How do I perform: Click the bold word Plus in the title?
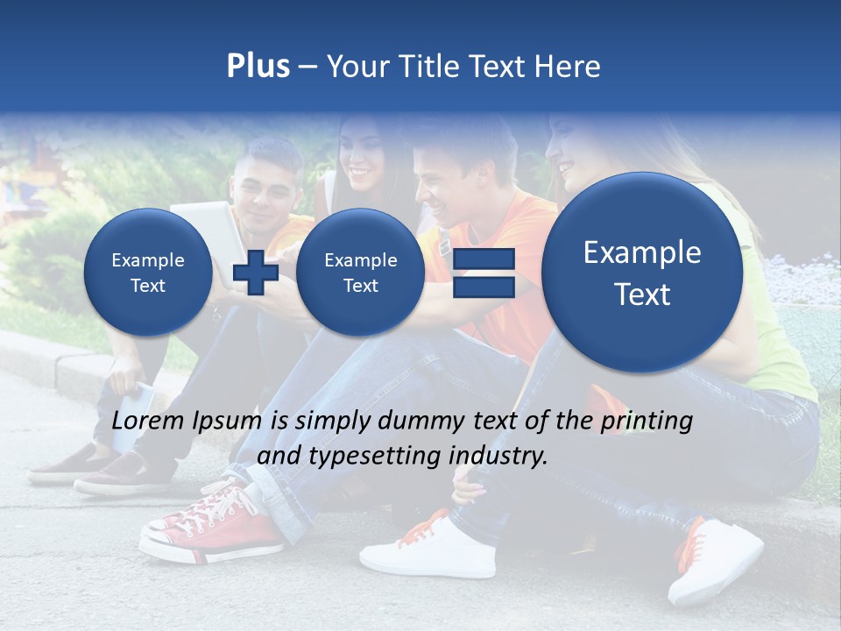(x=258, y=66)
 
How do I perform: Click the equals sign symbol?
(x=484, y=273)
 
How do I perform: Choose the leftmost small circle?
(x=148, y=273)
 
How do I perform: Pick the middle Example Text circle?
(x=360, y=273)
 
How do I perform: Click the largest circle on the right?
(x=642, y=273)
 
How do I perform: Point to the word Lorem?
(x=148, y=421)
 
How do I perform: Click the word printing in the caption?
(x=646, y=421)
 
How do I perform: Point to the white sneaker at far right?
(x=714, y=561)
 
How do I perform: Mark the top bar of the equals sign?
(x=484, y=259)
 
